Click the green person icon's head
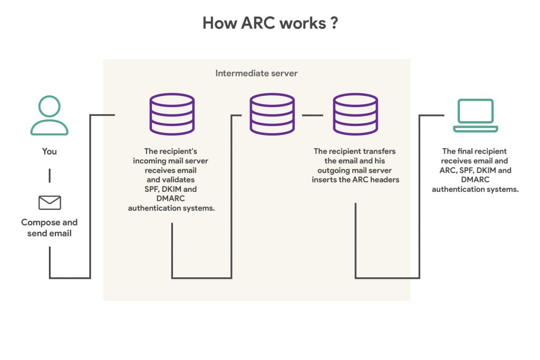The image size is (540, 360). click(x=49, y=106)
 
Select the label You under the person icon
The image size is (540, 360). click(x=49, y=151)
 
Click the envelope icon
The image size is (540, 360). click(x=50, y=202)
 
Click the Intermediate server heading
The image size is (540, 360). click(x=256, y=73)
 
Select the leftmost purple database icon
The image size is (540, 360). click(x=172, y=114)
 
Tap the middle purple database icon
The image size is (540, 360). click(x=272, y=114)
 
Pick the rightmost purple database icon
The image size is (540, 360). click(x=355, y=114)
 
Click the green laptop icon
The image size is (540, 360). click(x=476, y=115)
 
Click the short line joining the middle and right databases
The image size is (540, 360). click(x=313, y=114)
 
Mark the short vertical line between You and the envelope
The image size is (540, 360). click(x=50, y=176)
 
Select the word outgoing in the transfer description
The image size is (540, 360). click(x=334, y=170)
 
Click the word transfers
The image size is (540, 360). click(x=378, y=151)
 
